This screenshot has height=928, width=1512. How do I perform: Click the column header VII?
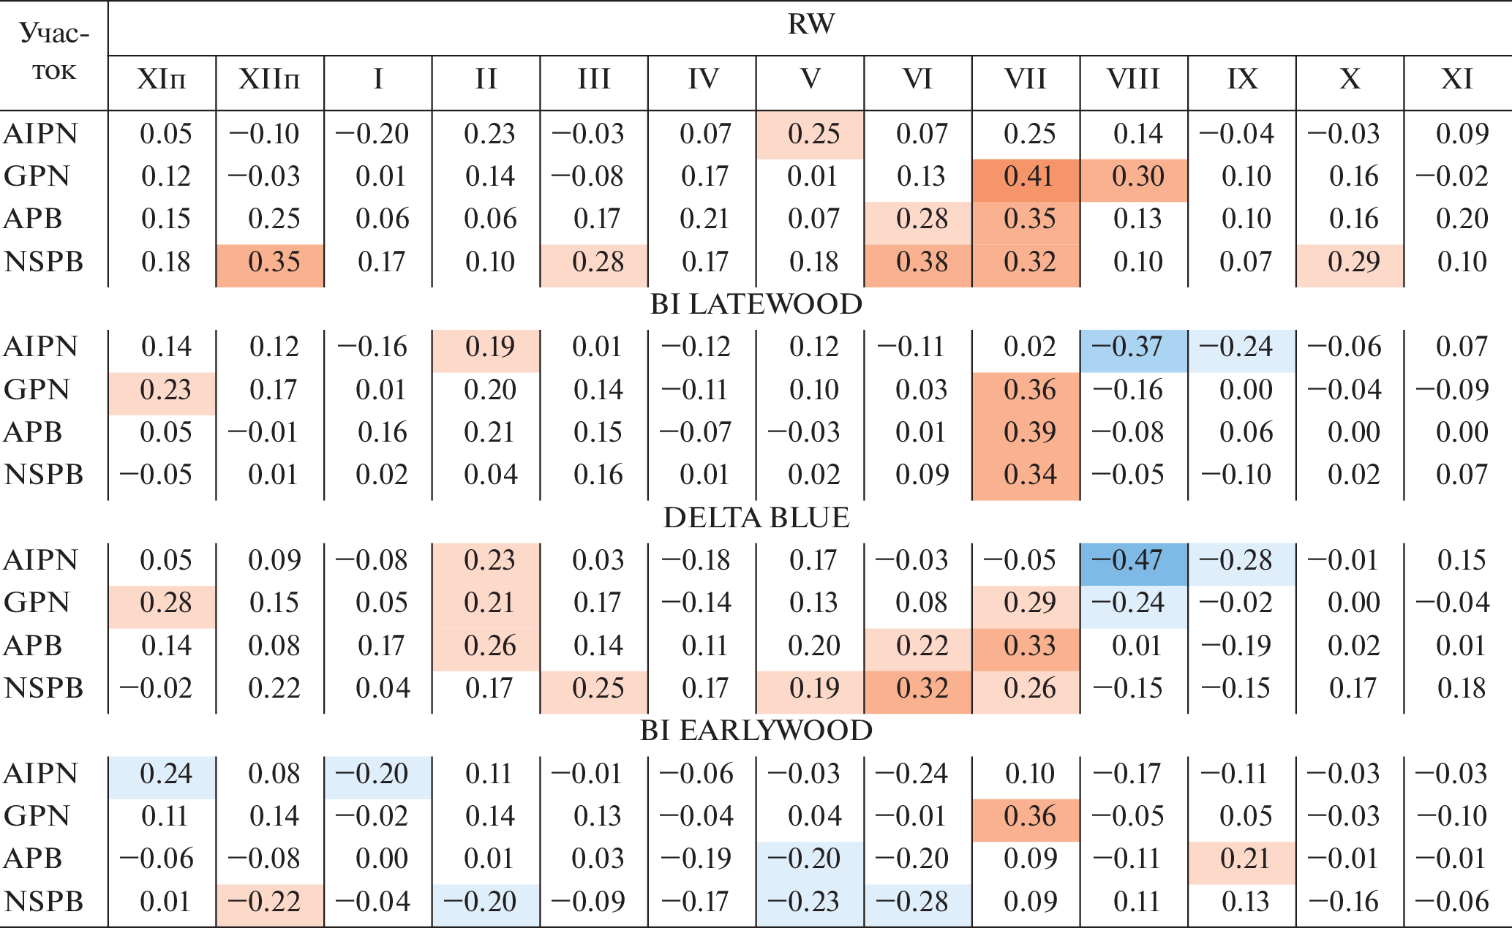coord(1026,79)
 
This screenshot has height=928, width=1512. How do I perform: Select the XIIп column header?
coord(269,79)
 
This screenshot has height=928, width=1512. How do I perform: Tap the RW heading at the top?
coord(810,25)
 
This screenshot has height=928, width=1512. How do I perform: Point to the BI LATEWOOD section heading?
coord(756,304)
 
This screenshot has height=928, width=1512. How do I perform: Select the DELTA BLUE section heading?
coord(756,518)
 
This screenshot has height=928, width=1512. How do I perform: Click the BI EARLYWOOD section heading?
coord(756,731)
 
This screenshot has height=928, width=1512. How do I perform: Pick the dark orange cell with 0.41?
coord(1026,176)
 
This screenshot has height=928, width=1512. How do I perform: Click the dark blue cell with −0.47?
coord(1134,560)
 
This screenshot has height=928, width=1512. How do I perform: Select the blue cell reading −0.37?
coord(1134,347)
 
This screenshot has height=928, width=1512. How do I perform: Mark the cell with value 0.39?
coord(1026,432)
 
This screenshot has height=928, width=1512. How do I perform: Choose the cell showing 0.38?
coord(919,262)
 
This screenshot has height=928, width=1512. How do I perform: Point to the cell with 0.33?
coord(1026,646)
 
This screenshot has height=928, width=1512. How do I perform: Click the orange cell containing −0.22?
coord(269,902)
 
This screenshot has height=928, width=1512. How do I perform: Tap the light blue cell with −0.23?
coord(810,902)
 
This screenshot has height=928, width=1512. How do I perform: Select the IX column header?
coord(1242,79)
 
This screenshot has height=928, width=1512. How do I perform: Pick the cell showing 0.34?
coord(1026,475)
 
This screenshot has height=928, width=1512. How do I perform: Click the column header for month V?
coord(810,79)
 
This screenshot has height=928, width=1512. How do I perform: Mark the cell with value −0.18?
coord(702,560)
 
